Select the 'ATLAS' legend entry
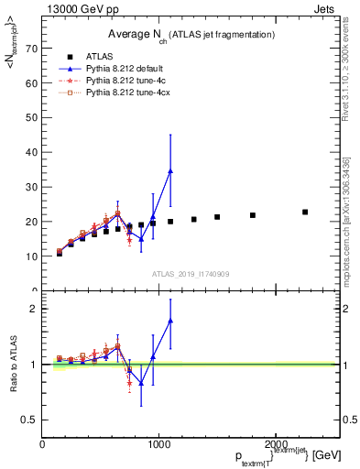click(x=101, y=56)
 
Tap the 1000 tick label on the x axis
click(x=159, y=444)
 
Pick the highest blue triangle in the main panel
click(x=170, y=171)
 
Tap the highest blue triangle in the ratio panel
click(x=170, y=321)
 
